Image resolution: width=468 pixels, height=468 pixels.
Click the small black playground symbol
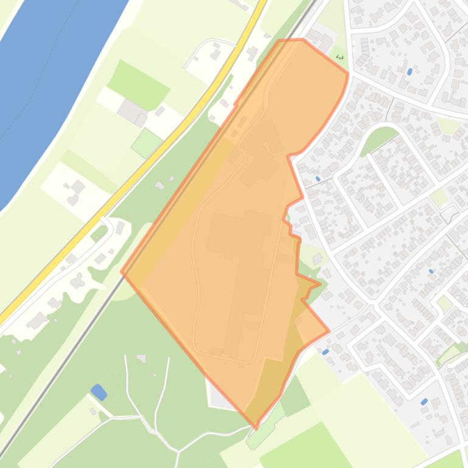click(x=340, y=58)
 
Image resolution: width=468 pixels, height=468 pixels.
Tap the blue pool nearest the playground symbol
click(x=410, y=72)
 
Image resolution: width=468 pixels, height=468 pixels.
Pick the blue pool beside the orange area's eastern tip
click(x=326, y=351)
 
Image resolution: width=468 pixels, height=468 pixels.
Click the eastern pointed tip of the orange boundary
click(x=329, y=331)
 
